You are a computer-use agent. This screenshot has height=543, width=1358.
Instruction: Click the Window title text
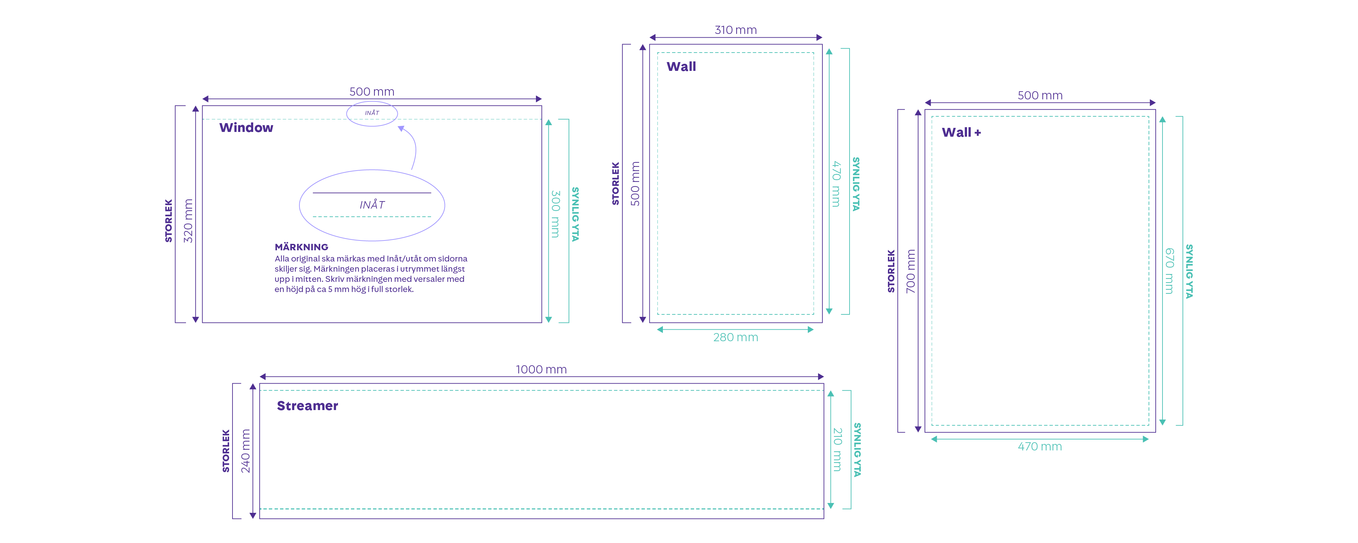tap(246, 128)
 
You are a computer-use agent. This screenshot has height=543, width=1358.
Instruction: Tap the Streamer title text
tap(308, 406)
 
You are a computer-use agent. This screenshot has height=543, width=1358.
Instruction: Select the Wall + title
tap(961, 132)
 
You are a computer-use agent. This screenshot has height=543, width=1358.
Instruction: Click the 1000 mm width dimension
tap(541, 369)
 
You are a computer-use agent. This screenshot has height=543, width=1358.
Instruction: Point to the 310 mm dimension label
tap(736, 30)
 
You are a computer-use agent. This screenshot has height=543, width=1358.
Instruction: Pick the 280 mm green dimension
tap(736, 337)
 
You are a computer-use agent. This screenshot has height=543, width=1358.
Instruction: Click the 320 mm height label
tap(188, 221)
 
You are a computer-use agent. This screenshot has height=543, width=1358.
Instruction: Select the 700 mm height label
tap(910, 271)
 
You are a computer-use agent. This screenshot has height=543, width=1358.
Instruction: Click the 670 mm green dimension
tap(1169, 271)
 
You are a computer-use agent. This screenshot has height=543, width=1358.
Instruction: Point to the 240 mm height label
tap(245, 451)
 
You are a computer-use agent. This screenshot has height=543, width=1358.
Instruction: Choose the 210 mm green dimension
tap(837, 449)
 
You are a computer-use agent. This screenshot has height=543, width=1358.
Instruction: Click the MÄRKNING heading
tap(301, 247)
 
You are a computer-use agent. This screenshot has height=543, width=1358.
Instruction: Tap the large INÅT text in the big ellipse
tap(372, 205)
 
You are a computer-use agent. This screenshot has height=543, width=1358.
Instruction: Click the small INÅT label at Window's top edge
tap(372, 113)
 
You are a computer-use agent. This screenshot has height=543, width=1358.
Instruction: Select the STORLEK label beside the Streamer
tap(226, 451)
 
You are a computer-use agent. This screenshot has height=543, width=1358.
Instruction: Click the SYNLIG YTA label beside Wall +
tap(1189, 271)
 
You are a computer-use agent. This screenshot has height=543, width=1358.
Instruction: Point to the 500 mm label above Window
tap(372, 92)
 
